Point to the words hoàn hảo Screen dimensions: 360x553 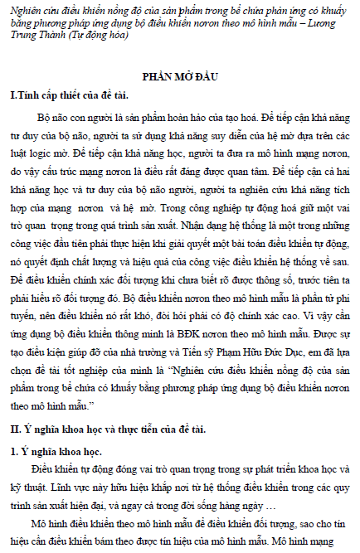pyautogui.click(x=182, y=115)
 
